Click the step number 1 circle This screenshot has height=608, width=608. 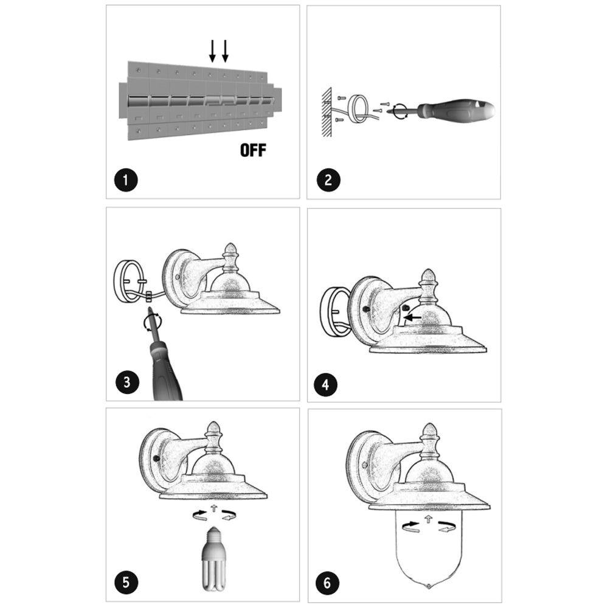tap(126, 180)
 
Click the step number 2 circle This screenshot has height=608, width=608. tap(328, 180)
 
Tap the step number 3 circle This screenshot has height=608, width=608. tap(127, 382)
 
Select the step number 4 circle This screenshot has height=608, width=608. tap(325, 385)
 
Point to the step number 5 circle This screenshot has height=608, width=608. tap(126, 582)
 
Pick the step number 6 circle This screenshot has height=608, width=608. tap(327, 583)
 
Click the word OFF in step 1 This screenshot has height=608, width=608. tap(253, 150)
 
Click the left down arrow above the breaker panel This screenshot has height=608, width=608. tap(212, 51)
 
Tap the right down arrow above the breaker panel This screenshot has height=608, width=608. tap(225, 51)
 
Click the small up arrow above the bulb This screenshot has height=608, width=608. tap(213, 508)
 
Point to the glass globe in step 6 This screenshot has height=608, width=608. tap(429, 551)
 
